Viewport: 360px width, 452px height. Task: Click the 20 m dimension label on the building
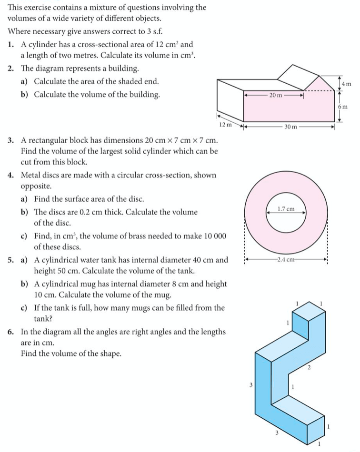pos(275,95)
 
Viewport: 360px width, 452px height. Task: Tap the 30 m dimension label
pos(290,127)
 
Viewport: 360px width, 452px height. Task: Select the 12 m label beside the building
pos(225,125)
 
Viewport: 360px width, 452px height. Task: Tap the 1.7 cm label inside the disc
pos(286,209)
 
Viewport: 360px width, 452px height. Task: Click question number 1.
pos(10,44)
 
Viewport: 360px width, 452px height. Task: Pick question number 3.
pos(10,141)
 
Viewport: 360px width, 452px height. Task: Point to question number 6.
pos(10,332)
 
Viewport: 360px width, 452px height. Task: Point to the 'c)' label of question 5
pos(24,308)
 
